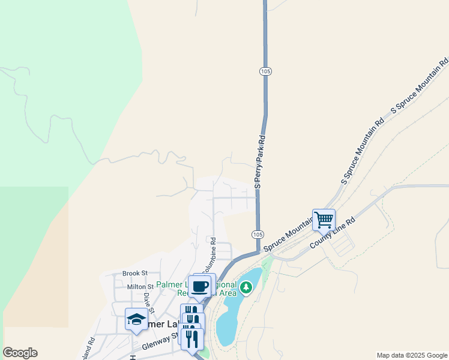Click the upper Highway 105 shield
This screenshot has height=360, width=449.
pyautogui.click(x=266, y=71)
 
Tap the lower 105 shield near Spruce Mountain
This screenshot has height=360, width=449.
pyautogui.click(x=257, y=233)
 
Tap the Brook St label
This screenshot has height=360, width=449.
pyautogui.click(x=135, y=273)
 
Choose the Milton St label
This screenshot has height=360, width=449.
pyautogui.click(x=140, y=287)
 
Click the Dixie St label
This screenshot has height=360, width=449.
pyautogui.click(x=149, y=303)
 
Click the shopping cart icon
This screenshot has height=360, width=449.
pyautogui.click(x=324, y=219)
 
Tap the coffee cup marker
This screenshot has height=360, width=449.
pyautogui.click(x=199, y=286)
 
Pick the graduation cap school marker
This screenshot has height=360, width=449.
pyautogui.click(x=136, y=319)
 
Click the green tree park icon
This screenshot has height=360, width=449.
pyautogui.click(x=246, y=288)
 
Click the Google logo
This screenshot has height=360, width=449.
pyautogui.click(x=20, y=353)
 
